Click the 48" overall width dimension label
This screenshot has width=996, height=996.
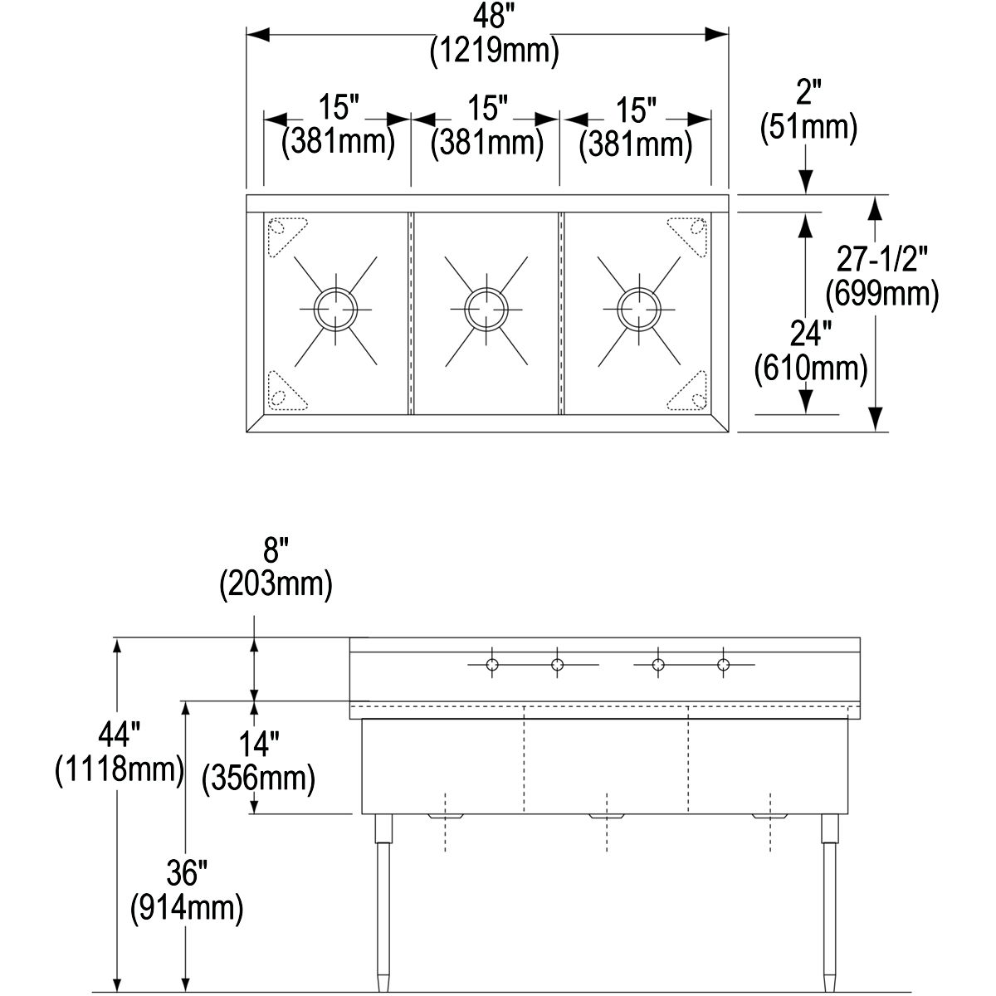[494, 17]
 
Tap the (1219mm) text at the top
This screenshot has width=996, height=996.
[494, 51]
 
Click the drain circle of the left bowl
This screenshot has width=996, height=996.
[336, 309]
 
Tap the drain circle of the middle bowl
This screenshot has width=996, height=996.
[486, 309]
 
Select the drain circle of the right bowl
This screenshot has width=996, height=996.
[639, 309]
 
